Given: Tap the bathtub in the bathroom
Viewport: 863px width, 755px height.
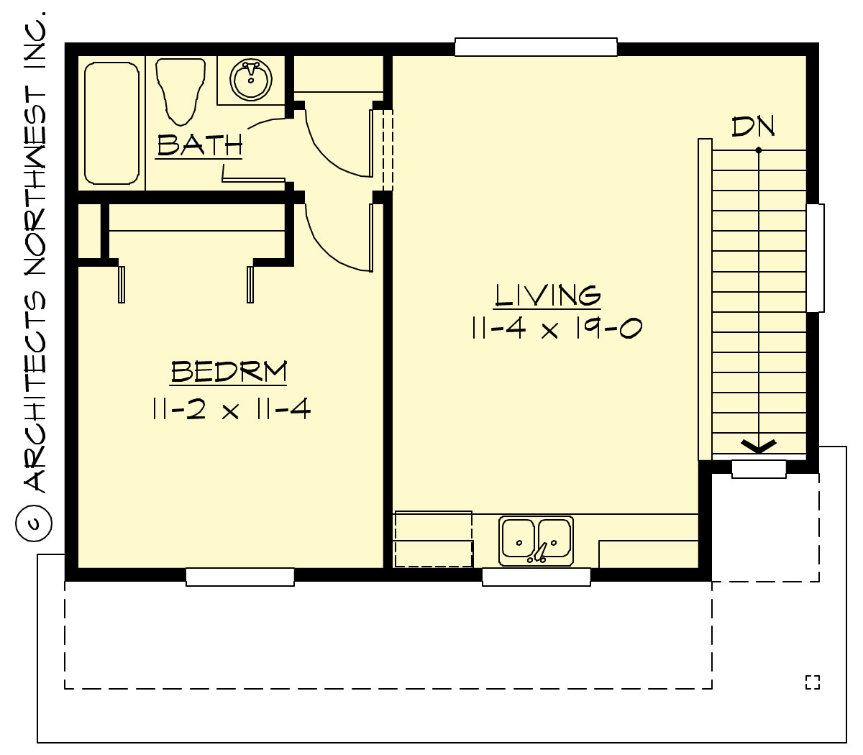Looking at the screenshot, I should tap(111, 123).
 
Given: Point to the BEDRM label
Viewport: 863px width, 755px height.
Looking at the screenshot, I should tap(229, 372).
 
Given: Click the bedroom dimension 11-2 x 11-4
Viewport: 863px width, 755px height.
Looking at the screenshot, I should tap(232, 410).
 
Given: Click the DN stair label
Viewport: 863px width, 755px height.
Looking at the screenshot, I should tap(753, 127).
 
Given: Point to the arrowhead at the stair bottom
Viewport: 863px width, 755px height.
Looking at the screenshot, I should tap(759, 446).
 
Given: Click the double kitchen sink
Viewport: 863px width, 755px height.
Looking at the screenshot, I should tap(536, 541).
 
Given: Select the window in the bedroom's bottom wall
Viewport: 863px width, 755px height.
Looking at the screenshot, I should tap(240, 577).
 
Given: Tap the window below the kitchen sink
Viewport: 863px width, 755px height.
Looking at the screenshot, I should tap(536, 577).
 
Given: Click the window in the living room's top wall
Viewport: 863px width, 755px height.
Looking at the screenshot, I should tap(536, 47).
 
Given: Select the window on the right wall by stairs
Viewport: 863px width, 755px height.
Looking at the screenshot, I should tap(815, 258).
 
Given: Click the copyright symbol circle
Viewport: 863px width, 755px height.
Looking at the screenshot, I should tap(34, 523).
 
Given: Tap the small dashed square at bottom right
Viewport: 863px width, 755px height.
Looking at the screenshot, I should tap(812, 682).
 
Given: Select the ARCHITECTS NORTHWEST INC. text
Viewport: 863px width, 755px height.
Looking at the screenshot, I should tap(35, 252).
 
